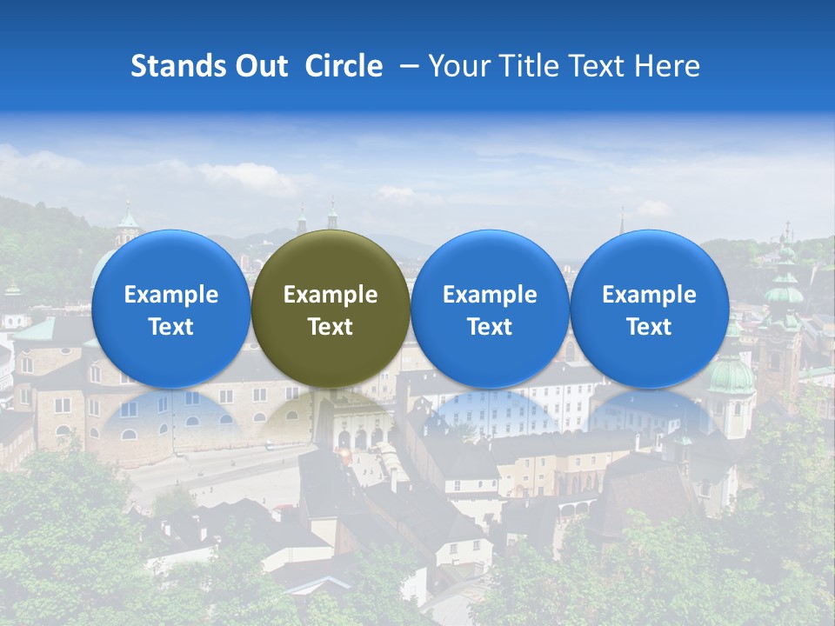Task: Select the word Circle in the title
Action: coord(344,66)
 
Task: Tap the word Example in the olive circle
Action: coord(331,295)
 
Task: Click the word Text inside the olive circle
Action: coord(331,327)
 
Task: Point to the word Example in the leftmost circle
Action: coord(170,295)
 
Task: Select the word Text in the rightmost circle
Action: coord(649,327)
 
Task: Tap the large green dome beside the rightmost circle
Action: coord(731,374)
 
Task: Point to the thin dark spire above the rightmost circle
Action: coord(622,222)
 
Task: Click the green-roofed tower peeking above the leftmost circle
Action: coord(129,222)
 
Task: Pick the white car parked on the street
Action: coord(271,445)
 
